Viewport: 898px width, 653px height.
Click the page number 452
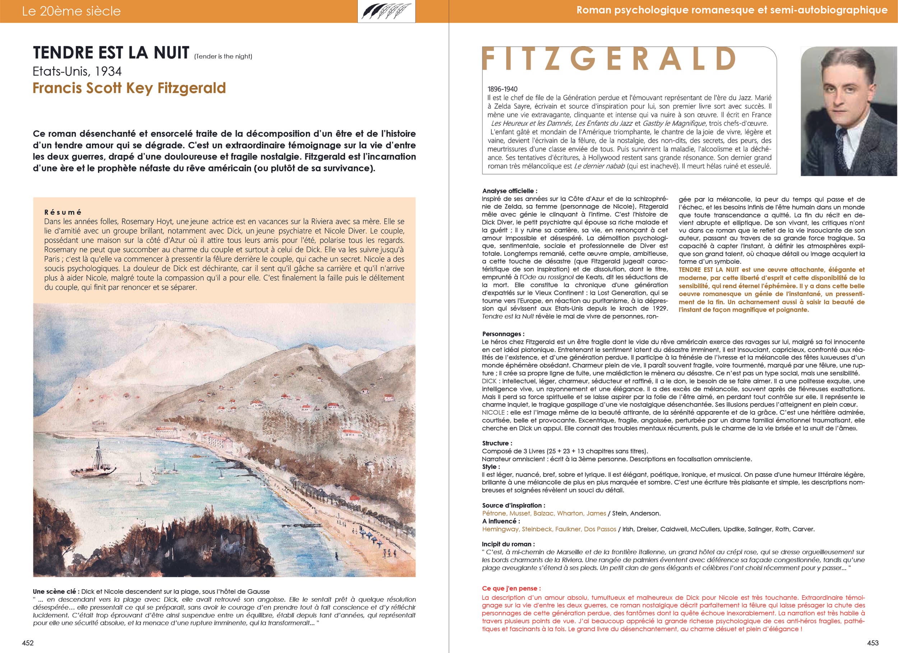coord(28,643)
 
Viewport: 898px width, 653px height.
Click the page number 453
coord(872,643)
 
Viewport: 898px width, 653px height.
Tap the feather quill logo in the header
coord(386,11)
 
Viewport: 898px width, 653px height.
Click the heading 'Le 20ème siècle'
coord(71,11)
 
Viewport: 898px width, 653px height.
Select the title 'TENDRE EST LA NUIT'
coord(111,53)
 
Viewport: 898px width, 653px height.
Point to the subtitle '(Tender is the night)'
coord(223,56)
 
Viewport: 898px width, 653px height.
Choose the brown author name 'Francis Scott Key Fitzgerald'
coord(129,88)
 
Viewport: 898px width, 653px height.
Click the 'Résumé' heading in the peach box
coord(63,212)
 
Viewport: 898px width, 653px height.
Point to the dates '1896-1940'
coord(503,89)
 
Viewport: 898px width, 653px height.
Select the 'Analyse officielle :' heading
coord(510,191)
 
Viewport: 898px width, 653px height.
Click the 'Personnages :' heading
coord(503,334)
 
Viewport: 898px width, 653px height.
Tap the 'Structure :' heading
coord(497,443)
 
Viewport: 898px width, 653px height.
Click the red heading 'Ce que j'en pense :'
coord(511,588)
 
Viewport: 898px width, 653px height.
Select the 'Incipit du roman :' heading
coord(508,544)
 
